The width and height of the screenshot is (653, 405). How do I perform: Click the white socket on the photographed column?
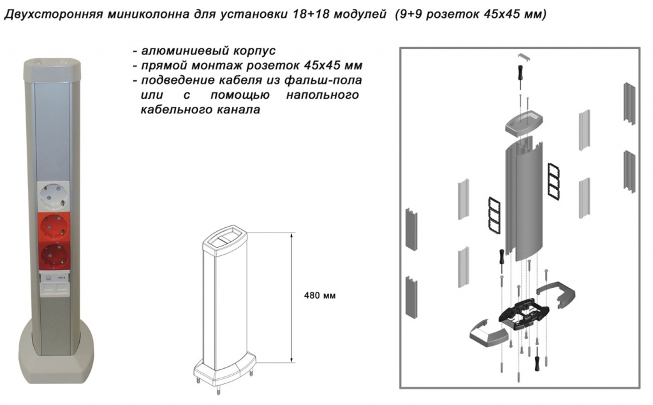pyautogui.click(x=54, y=197)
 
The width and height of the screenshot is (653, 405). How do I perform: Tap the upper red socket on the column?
pyautogui.click(x=54, y=227)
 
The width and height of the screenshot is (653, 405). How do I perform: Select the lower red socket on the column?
pyautogui.click(x=54, y=256)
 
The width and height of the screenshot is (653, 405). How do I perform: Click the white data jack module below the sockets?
pyautogui.click(x=54, y=283)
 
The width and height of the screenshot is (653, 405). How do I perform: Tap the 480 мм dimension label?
pyautogui.click(x=319, y=295)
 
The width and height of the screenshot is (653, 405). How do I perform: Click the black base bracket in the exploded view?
pyautogui.click(x=524, y=313)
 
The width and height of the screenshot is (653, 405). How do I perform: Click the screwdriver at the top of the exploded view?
pyautogui.click(x=520, y=76)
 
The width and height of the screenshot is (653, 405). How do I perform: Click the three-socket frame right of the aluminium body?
pyautogui.click(x=553, y=180)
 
